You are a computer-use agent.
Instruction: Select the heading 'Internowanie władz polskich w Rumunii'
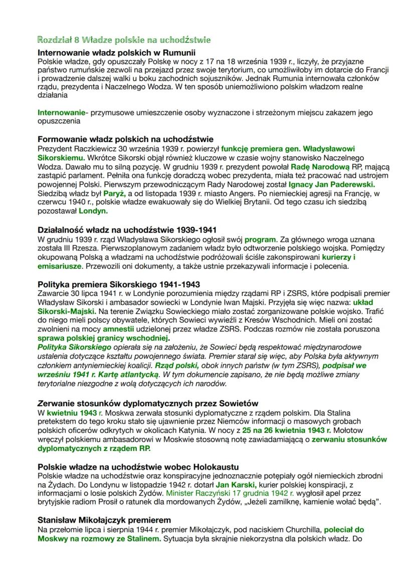(116, 52)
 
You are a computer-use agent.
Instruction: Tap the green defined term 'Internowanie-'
(61, 112)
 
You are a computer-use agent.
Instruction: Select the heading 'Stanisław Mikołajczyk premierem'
(104, 520)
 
